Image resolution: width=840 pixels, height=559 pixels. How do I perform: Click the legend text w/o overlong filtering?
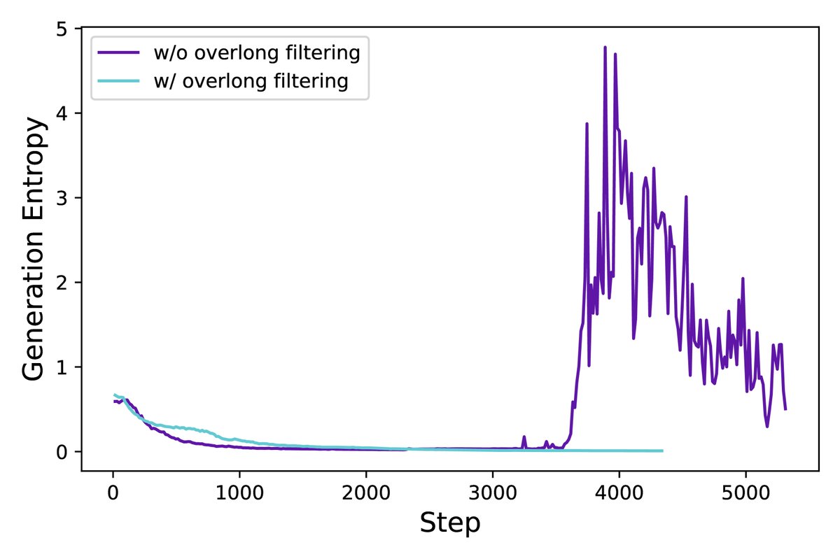tap(257, 52)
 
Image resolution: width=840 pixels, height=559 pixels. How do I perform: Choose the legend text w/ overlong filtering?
tap(251, 81)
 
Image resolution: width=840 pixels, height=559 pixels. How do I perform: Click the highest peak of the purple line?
tap(605, 47)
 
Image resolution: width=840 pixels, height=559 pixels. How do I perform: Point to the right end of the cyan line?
tap(662, 451)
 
